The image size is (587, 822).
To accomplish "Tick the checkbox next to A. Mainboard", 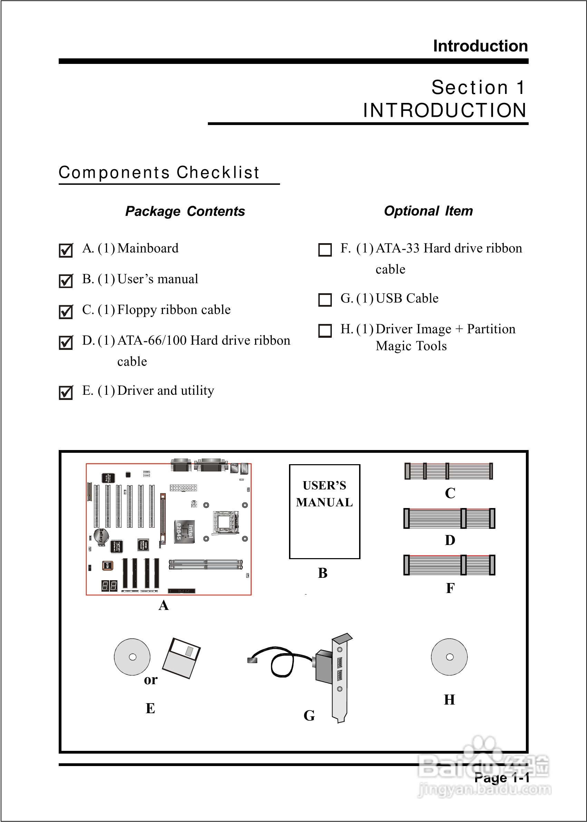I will point(66,250).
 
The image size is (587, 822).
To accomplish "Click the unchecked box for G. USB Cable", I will point(325,300).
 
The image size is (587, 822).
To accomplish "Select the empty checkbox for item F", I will point(325,250).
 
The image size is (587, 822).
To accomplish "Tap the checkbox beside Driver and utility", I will point(66,392).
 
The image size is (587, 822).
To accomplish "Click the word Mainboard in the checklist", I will point(148,248).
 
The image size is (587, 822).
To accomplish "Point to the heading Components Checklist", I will point(159,172).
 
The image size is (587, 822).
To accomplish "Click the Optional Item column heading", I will point(428,211).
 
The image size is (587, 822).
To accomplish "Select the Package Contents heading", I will point(185,211).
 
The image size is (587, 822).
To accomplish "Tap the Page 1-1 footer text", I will point(501,777).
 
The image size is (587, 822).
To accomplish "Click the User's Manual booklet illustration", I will point(325,512).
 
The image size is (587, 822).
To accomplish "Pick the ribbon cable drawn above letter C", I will point(449,471).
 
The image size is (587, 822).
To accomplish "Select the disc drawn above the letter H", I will point(449,657).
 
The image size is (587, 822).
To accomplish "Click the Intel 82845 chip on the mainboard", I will point(184,532).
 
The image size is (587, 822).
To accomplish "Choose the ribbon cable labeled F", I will point(449,565).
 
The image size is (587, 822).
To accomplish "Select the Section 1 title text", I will point(478,87).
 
